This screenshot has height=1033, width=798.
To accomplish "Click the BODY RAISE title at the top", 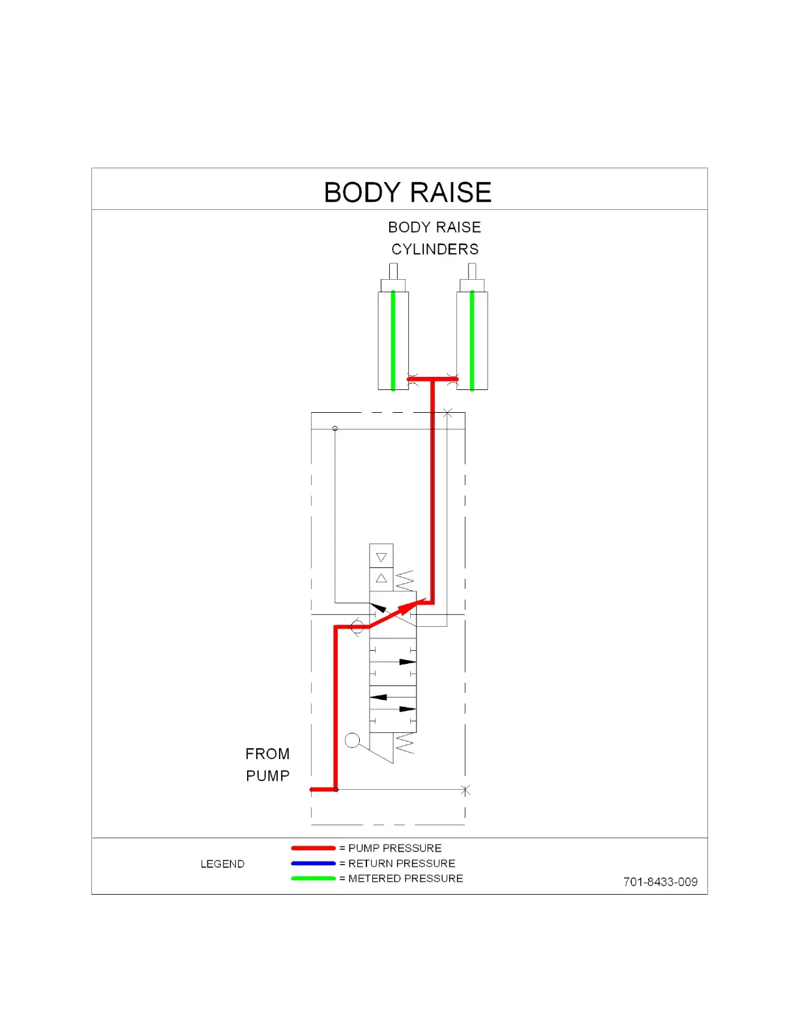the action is coord(407,192).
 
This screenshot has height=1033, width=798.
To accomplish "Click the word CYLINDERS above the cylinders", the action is coord(435,249).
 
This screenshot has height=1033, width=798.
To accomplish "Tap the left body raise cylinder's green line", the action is coord(393,339).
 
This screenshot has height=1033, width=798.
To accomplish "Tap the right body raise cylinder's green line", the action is coord(472,339).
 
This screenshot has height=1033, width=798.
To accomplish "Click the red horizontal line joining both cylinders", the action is coord(432,379).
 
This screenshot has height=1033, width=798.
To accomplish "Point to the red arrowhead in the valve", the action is coord(408,608).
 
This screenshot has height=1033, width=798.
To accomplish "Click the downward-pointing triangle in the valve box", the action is coord(381,558).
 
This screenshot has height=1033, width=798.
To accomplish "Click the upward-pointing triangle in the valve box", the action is coord(381,578).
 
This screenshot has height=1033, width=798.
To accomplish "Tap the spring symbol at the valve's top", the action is coord(405,580).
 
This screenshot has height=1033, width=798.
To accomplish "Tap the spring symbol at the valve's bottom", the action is coord(405,743).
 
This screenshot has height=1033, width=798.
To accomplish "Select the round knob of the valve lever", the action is coord(352,740).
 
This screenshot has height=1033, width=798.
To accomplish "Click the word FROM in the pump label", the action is coord(267,754).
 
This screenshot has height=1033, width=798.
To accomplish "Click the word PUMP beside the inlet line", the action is coord(267,776).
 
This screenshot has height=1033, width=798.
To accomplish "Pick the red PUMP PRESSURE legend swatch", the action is coord(313,848).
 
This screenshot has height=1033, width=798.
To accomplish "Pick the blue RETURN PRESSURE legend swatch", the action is coord(313,863).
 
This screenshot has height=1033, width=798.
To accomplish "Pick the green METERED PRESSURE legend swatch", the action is coord(313,878).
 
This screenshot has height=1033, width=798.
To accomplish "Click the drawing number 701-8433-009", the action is coord(660,882).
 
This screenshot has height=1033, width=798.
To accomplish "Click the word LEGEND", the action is coord(222,864).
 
